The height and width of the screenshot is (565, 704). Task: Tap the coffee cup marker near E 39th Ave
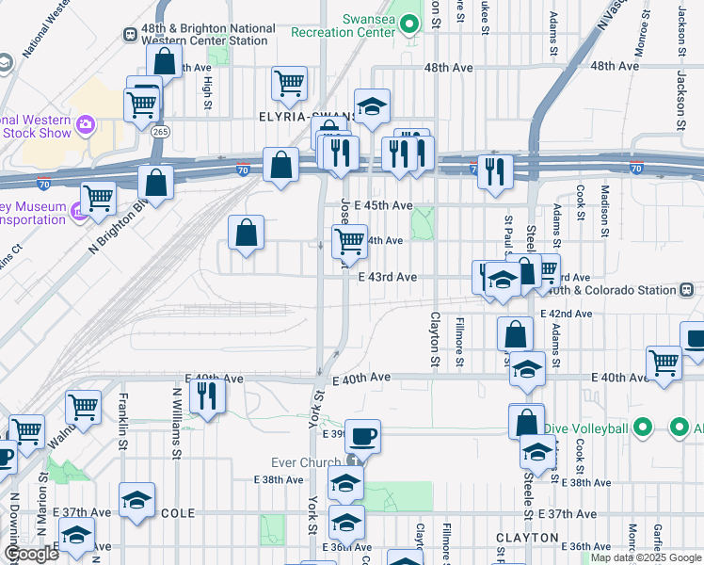362,436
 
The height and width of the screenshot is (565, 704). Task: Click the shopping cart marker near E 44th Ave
350,241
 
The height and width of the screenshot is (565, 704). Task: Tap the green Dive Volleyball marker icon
644,428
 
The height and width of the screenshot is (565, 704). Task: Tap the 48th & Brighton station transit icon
130,34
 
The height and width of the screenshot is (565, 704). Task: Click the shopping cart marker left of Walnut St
83,408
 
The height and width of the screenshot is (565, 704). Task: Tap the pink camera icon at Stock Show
85,124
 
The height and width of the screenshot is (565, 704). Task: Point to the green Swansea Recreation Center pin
409,24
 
